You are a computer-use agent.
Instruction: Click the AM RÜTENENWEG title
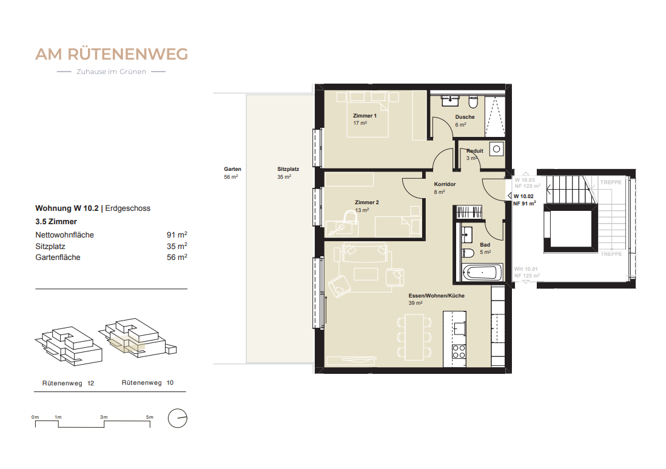112,54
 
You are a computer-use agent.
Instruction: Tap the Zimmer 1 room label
365,115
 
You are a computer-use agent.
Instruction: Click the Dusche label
465,117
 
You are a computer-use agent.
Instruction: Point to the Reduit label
474,151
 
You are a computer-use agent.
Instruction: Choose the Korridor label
444,184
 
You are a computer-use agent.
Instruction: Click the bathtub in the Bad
482,273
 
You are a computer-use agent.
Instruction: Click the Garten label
232,170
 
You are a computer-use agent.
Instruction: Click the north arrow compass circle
178,418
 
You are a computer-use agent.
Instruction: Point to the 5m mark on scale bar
149,417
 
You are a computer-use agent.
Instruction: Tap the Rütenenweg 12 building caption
67,383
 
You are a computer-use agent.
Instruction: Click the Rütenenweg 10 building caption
147,383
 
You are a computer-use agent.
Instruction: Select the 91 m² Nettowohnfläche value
177,235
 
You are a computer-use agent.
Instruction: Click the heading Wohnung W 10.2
66,208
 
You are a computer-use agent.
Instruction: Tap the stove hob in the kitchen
459,351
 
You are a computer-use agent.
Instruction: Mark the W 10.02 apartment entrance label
524,196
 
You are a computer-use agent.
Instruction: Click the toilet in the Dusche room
473,102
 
